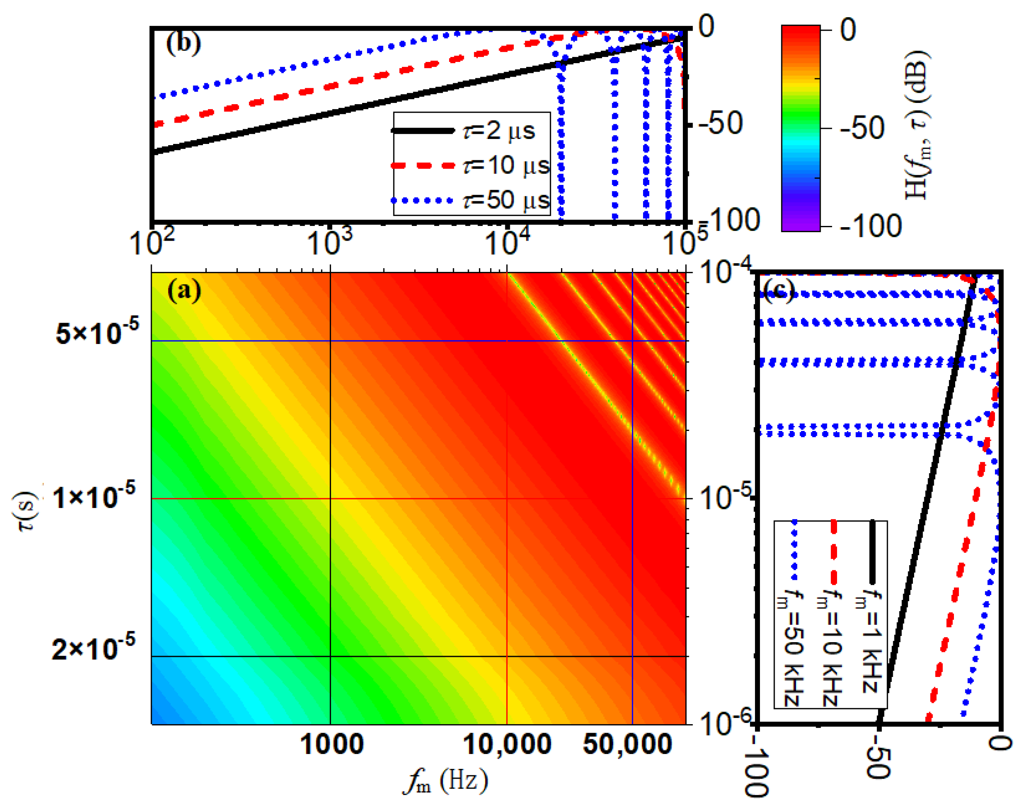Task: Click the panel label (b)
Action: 183,44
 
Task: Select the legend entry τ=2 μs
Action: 498,131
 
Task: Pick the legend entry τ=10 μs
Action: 506,166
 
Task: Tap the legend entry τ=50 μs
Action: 506,200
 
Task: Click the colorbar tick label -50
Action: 861,128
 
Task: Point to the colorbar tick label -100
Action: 870,226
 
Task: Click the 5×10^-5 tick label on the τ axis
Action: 98,332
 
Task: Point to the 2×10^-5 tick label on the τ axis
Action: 94,647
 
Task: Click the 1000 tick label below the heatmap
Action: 332,744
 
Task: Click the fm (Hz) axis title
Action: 445,782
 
